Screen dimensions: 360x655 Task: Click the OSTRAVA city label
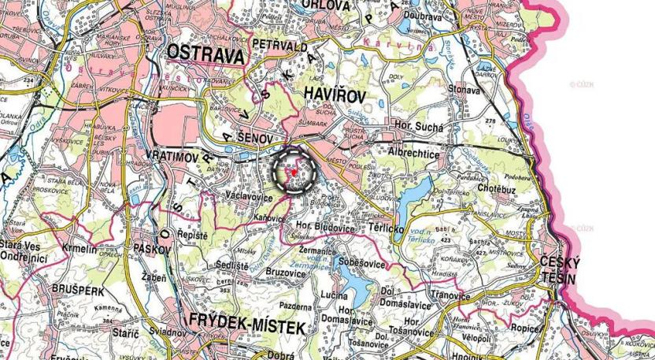click(x=205, y=54)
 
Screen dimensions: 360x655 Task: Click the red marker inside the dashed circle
click(x=292, y=169)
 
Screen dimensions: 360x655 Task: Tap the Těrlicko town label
click(x=386, y=227)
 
